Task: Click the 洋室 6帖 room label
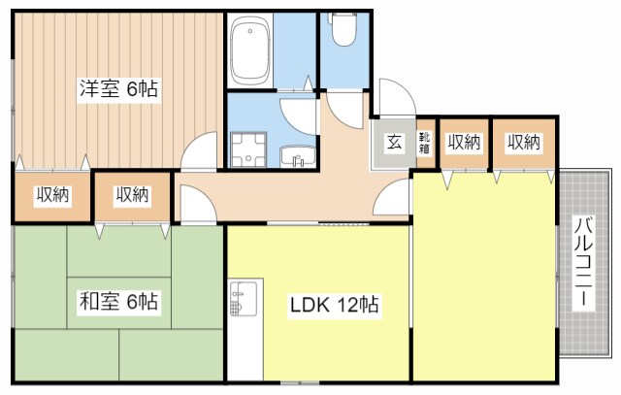118,89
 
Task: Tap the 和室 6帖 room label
118,302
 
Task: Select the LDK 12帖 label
335,305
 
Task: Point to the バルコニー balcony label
584,261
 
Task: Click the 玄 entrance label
395,143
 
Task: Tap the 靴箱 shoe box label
425,143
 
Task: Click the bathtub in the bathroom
250,50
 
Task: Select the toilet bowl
344,29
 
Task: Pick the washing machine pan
248,149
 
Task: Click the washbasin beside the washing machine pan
298,157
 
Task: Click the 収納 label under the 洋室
52,195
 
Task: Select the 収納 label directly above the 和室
132,195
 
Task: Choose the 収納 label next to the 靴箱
464,143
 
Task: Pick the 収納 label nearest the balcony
524,143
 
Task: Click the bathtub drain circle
250,31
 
